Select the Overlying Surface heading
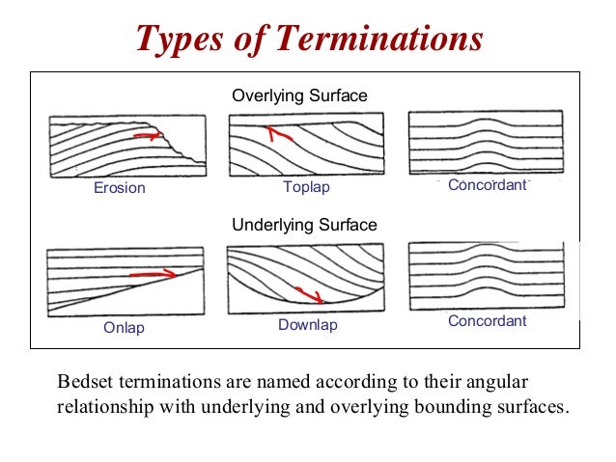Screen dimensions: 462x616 coord(299,96)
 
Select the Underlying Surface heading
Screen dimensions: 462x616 coord(304,225)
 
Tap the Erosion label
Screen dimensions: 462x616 coord(119,188)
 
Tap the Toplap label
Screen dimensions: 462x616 coord(306,187)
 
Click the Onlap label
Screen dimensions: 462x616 coord(124,328)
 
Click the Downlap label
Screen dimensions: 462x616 coord(308,325)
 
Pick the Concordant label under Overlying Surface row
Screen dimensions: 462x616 coord(488,184)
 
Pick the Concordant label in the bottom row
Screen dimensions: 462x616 coord(488,320)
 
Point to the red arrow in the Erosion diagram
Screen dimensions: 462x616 coord(147,137)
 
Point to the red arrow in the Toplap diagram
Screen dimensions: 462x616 coord(278,134)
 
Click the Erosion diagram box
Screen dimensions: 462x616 coord(126,146)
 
